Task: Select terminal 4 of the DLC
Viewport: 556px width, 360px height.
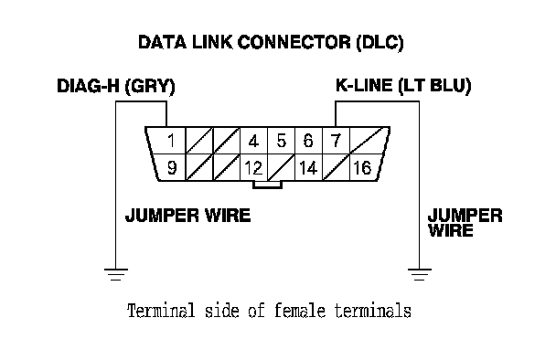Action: (253, 141)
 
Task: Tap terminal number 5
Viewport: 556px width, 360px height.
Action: (281, 141)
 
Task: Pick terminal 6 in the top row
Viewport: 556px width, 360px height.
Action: (308, 141)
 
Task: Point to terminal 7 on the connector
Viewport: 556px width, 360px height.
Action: (336, 141)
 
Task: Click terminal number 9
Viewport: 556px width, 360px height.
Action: (172, 167)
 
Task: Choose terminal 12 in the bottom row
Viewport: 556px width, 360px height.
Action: (253, 167)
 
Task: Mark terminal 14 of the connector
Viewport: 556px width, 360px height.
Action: (308, 167)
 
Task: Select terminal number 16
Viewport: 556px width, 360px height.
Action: (363, 167)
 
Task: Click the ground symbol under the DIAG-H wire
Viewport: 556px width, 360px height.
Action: (115, 275)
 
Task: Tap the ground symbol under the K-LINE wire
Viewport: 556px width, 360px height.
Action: (420, 275)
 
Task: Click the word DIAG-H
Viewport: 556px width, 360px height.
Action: (89, 86)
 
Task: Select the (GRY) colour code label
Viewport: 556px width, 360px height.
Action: (150, 87)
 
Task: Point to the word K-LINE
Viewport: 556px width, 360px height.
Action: (364, 85)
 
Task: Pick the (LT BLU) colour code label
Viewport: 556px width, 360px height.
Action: (435, 86)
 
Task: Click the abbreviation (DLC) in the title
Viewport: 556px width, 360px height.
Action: (380, 43)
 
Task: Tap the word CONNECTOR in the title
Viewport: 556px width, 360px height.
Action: (294, 42)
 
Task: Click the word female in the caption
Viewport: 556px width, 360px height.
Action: (300, 311)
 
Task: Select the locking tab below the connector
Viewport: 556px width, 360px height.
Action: (267, 185)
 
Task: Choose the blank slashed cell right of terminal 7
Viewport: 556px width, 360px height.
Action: (369, 141)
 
